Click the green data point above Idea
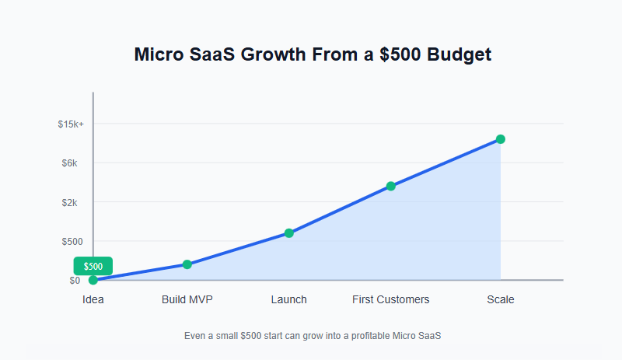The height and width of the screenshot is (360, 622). [x=93, y=280]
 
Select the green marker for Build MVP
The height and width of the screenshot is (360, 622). [x=187, y=264]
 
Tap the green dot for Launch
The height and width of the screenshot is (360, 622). [x=288, y=233]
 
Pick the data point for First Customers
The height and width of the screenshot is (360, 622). [x=390, y=186]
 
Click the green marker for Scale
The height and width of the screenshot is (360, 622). [x=501, y=139]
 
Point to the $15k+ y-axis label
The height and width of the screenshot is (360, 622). [x=71, y=124]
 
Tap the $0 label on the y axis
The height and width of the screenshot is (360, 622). [x=75, y=281]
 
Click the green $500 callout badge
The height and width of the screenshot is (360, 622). [x=93, y=266]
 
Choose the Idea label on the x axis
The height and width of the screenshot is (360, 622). [x=93, y=299]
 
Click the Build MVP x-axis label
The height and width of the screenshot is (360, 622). [x=187, y=299]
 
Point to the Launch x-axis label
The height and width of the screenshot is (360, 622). [x=288, y=299]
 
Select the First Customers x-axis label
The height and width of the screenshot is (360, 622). [x=390, y=299]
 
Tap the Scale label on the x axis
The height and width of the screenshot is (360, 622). [x=501, y=299]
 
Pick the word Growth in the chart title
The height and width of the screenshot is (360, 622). [x=280, y=55]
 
